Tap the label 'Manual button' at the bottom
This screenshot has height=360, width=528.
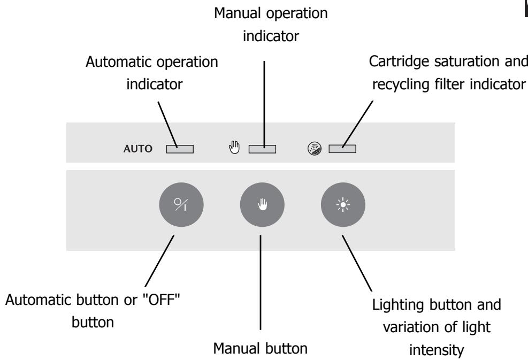pyautogui.click(x=260, y=349)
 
